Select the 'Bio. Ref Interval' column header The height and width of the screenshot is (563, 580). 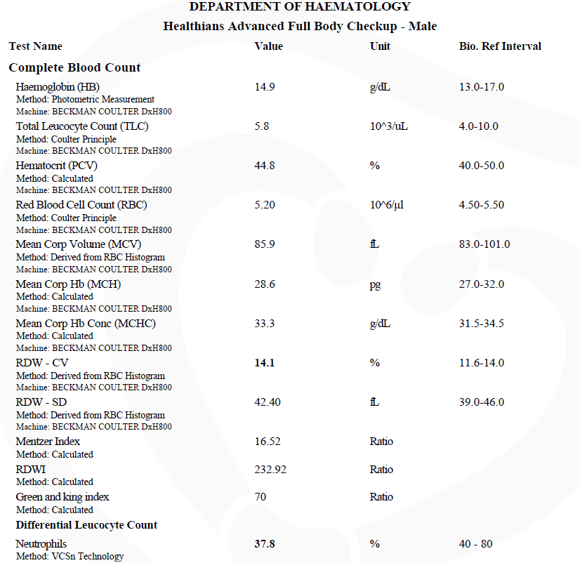(499, 46)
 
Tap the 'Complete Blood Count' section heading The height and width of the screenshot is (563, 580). (74, 68)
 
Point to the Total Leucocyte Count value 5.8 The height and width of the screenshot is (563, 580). (261, 126)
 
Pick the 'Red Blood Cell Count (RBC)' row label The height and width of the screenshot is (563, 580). (81, 205)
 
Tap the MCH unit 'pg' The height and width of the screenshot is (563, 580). (376, 284)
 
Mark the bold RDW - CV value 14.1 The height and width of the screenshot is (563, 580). (264, 363)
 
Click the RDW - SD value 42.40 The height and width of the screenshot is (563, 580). (267, 402)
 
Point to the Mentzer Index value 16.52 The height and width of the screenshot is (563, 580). (267, 442)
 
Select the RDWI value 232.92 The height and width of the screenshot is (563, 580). (270, 469)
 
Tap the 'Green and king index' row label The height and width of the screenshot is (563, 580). (62, 497)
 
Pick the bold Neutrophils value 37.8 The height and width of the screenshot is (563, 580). (264, 543)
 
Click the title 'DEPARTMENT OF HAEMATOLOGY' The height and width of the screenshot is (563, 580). (300, 7)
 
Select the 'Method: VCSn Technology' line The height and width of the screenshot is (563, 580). (70, 556)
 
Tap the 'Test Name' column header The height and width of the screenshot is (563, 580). (35, 46)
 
